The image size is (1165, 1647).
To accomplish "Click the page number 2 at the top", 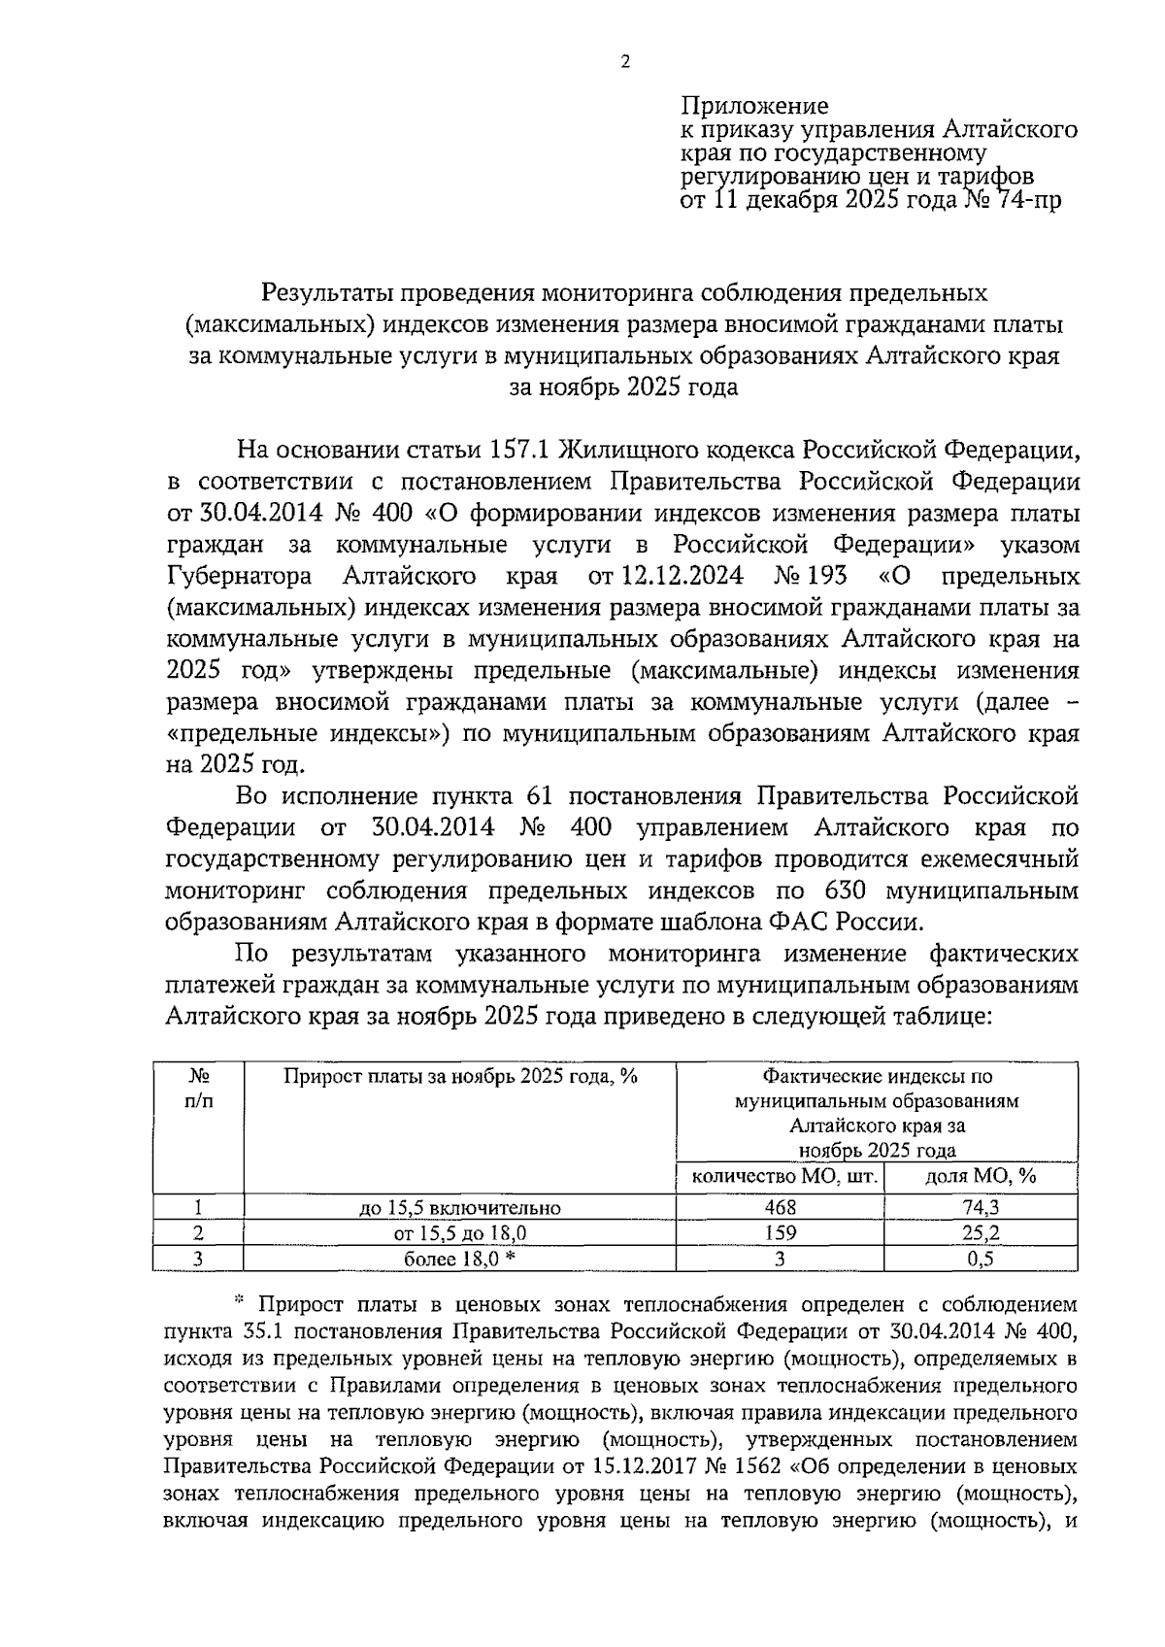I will (x=625, y=62).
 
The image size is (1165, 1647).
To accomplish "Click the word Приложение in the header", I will (x=754, y=105).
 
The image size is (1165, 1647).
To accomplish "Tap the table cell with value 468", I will (x=780, y=1207).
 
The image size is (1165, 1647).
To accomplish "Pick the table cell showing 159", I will (x=780, y=1233).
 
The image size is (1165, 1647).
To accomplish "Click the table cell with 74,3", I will (x=981, y=1207).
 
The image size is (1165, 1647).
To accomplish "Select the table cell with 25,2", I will (x=981, y=1233).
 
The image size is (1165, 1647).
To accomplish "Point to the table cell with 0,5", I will (x=981, y=1260).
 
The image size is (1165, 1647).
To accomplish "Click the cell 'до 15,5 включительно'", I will (x=460, y=1208).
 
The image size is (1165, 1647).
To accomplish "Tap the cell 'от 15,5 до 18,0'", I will (x=460, y=1233).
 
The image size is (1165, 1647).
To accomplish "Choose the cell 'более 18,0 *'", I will (x=460, y=1260).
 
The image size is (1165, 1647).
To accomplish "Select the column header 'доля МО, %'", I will (x=981, y=1177).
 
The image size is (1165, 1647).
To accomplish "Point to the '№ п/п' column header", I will (x=199, y=1089).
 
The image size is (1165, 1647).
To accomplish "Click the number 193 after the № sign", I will (x=824, y=576).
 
